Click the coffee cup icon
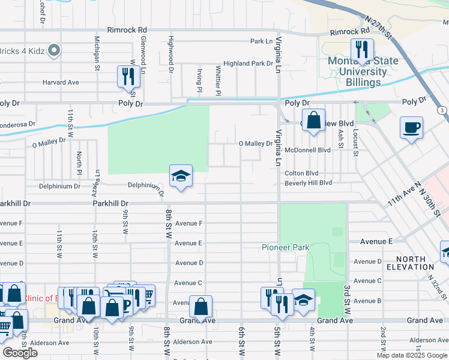[x=411, y=127]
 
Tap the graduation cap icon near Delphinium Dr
[x=181, y=176]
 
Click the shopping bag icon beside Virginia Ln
[x=313, y=120]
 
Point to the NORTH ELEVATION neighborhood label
[x=411, y=263]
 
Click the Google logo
[x=20, y=352]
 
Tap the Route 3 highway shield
[x=442, y=110]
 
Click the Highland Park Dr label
[x=248, y=63]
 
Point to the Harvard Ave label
[x=61, y=82]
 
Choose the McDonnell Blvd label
[x=308, y=150]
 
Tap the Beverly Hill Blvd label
[x=308, y=183]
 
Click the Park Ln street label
[x=261, y=41]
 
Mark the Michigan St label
[x=97, y=53]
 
